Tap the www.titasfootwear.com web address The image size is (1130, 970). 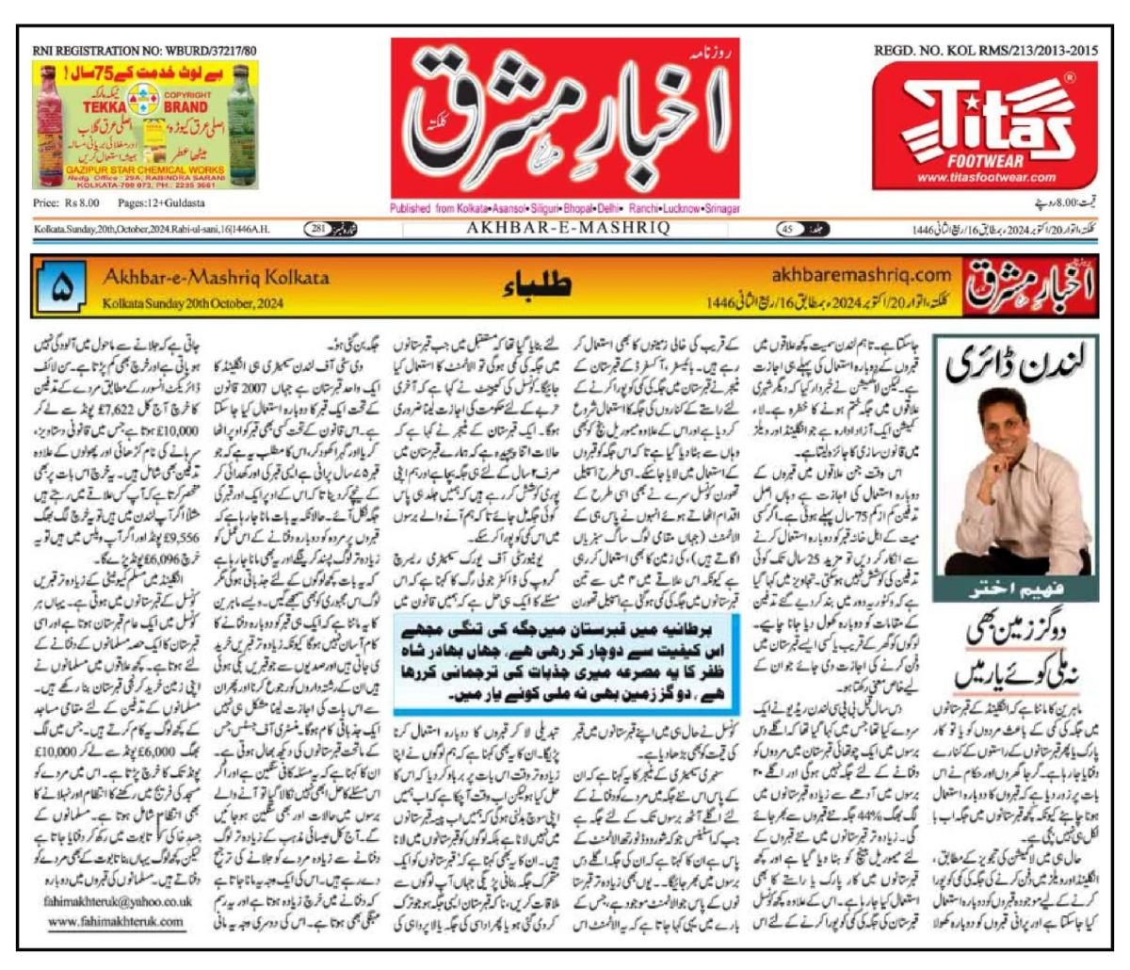[x=986, y=177]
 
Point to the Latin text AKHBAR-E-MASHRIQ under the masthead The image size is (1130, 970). [x=566, y=229]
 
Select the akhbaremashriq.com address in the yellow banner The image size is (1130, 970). [x=861, y=275]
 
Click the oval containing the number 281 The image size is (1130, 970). [x=320, y=229]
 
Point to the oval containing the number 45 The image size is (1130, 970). [x=791, y=229]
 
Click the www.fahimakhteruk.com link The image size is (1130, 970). [x=115, y=920]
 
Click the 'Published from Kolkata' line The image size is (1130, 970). [x=565, y=208]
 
